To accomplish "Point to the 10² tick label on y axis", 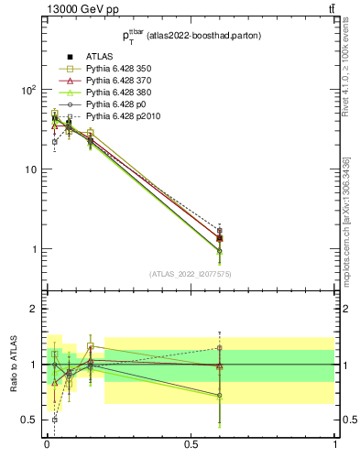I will (x=27, y=90).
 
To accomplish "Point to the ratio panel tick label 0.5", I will (x=29, y=420).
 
